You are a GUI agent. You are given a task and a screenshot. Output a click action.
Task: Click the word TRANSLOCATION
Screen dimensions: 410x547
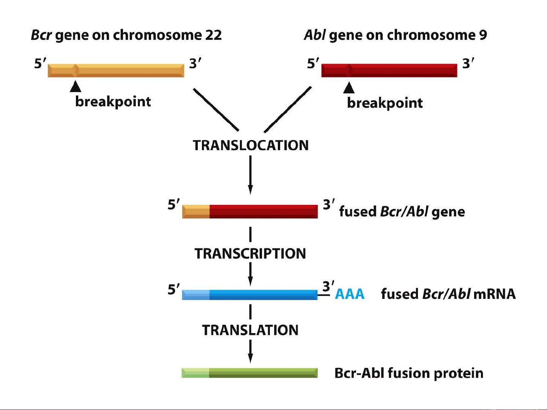pyautogui.click(x=251, y=145)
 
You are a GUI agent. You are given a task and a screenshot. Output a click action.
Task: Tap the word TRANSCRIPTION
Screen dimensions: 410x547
pyautogui.click(x=250, y=253)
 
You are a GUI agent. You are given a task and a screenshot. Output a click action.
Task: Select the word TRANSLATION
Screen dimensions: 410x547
pyautogui.click(x=250, y=330)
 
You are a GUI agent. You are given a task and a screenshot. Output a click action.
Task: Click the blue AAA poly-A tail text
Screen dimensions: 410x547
pyautogui.click(x=350, y=294)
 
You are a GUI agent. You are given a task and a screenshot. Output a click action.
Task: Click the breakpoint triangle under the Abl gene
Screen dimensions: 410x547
pyautogui.click(x=349, y=88)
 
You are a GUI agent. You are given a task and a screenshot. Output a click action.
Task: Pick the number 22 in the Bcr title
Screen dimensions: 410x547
pyautogui.click(x=213, y=35)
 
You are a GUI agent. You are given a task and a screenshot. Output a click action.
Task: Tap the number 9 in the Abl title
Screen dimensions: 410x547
pyautogui.click(x=483, y=35)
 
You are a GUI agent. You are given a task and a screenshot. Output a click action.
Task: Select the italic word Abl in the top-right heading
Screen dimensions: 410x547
pyautogui.click(x=315, y=35)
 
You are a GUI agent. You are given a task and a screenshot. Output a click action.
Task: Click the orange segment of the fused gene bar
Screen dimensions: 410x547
pyautogui.click(x=196, y=211)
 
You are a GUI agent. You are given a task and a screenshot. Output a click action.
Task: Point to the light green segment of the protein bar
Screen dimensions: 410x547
pyautogui.click(x=195, y=373)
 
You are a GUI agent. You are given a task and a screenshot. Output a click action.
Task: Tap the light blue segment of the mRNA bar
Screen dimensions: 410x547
pyautogui.click(x=196, y=295)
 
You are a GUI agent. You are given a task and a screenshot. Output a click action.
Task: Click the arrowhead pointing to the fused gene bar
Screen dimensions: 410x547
pyautogui.click(x=250, y=190)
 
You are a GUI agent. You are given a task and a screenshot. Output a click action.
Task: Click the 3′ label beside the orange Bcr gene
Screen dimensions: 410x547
pyautogui.click(x=195, y=64)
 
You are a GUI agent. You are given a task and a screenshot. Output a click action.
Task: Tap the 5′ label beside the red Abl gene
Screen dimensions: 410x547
pyautogui.click(x=313, y=64)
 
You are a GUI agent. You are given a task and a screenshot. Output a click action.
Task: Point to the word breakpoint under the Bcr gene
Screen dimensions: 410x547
pyautogui.click(x=113, y=102)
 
